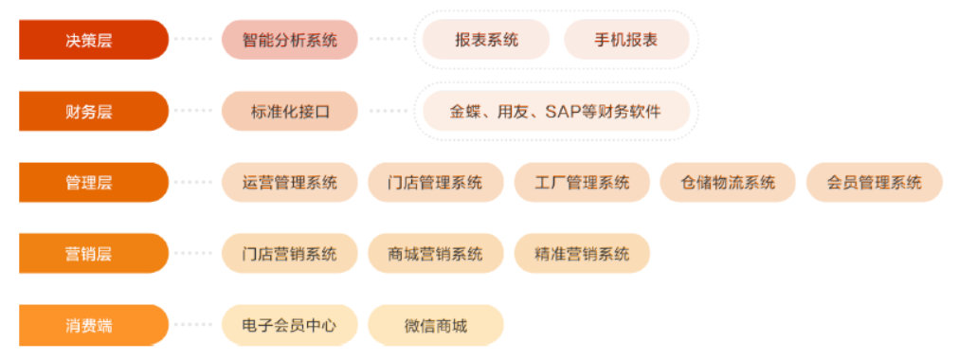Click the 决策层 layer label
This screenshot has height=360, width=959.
[x=93, y=40]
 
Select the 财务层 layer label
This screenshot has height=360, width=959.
[x=93, y=111]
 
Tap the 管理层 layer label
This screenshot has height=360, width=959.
[x=93, y=182]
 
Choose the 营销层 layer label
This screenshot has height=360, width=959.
[x=93, y=253]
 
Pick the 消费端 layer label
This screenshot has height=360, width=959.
[x=93, y=325]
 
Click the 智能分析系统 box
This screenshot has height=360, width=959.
[x=290, y=40]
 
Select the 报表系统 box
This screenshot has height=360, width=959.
[x=486, y=40]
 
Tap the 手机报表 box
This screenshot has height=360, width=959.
[x=626, y=40]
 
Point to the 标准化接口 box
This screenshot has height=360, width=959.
[x=290, y=111]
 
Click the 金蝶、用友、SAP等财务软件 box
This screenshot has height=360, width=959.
[x=555, y=111]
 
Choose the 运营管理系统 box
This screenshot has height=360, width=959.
[x=290, y=182]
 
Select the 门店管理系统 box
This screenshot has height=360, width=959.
[x=436, y=182]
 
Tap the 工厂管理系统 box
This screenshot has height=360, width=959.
[x=582, y=182]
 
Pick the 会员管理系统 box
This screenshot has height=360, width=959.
[x=874, y=182]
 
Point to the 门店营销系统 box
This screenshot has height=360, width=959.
[x=290, y=253]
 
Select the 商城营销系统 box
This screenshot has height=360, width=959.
[x=436, y=253]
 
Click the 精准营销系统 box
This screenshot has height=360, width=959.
[x=582, y=253]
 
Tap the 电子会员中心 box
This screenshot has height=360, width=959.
[x=290, y=325]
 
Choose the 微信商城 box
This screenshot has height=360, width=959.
[x=436, y=325]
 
